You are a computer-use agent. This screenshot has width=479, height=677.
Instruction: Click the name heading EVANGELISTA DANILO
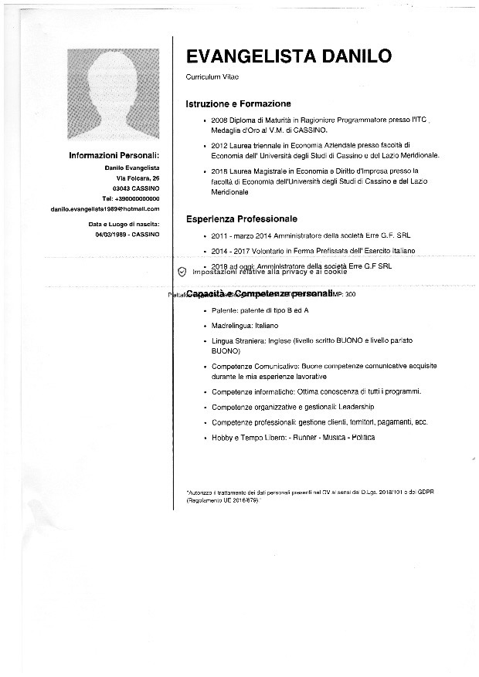(288, 56)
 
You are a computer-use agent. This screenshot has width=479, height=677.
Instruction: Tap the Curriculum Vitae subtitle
(212, 78)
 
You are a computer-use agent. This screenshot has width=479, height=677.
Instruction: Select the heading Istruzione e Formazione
(238, 103)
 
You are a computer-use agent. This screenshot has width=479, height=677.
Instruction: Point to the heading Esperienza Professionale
(241, 219)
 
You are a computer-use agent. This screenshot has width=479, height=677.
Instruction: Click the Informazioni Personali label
(114, 156)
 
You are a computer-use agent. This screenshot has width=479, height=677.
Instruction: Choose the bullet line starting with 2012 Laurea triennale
(310, 144)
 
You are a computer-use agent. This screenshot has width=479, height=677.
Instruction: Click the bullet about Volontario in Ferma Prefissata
(313, 251)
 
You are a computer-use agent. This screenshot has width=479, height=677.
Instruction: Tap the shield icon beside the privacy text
(182, 272)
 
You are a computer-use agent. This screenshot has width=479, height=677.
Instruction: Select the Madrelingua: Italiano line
(245, 326)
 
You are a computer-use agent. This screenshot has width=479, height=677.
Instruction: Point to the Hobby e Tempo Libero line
(293, 438)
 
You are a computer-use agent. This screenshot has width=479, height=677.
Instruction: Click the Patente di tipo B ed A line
(260, 310)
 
